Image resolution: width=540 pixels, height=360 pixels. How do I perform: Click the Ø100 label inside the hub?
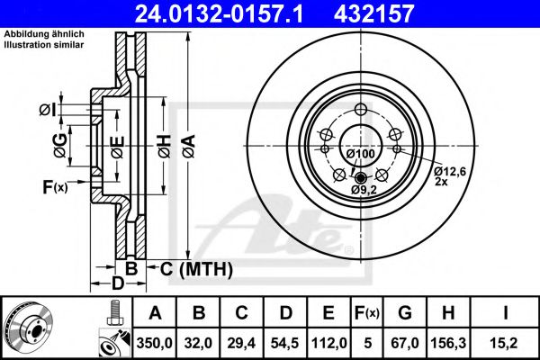361,154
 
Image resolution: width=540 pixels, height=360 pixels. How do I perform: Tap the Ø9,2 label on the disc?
364,191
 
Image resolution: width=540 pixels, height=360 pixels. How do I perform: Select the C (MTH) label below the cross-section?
197,268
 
